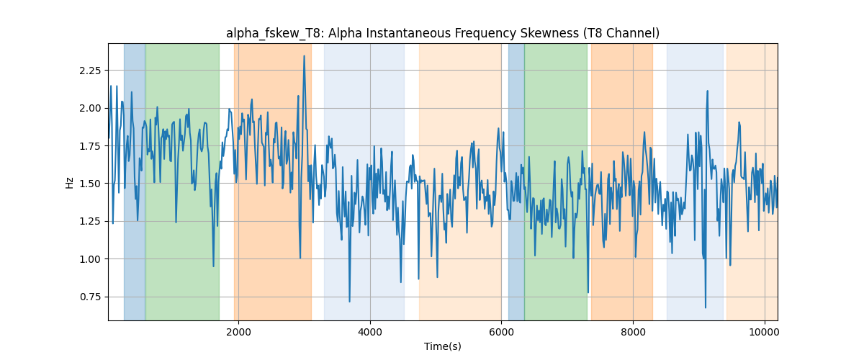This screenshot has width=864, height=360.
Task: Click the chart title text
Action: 442,34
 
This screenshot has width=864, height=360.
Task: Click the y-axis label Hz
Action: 69,182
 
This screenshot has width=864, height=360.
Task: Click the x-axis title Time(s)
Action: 442,346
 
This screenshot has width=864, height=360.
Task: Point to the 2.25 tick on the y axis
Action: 90,71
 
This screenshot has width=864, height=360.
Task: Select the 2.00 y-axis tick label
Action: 90,109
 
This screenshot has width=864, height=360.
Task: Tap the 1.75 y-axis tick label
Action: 90,146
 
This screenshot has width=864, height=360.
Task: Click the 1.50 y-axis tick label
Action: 90,184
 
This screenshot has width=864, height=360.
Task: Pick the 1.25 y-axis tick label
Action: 90,222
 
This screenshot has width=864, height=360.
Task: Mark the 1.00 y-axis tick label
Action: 90,259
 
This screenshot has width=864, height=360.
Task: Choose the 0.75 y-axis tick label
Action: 90,297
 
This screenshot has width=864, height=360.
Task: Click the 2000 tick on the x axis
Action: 239,332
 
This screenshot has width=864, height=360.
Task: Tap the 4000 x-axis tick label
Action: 370,332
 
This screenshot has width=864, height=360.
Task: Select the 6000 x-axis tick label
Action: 501,332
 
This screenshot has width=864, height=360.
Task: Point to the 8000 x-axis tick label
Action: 633,332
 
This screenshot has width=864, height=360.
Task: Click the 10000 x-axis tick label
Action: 765,332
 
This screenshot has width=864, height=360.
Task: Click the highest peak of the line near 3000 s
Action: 305,56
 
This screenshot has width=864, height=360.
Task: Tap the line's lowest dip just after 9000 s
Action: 706,307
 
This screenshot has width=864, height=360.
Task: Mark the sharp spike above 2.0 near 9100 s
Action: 707,91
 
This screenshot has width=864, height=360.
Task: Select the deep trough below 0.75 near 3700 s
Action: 349,302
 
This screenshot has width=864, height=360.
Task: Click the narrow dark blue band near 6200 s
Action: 516,181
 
